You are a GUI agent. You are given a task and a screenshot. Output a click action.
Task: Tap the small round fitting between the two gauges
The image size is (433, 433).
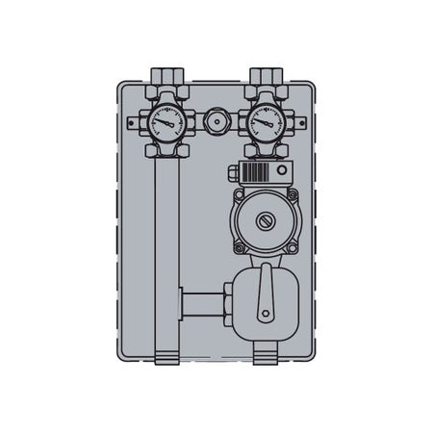coord(212,123)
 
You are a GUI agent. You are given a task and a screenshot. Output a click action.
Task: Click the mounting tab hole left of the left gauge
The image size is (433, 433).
coord(135,123)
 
